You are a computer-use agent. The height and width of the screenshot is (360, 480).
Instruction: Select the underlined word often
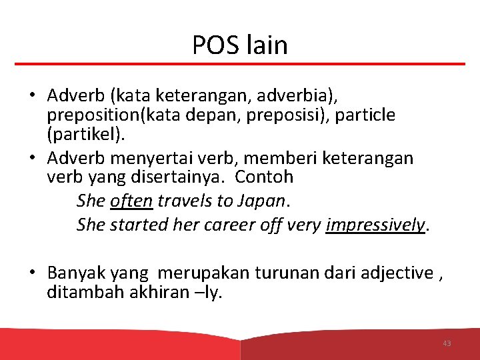click(x=131, y=201)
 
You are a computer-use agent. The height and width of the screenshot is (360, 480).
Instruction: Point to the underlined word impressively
click(x=375, y=225)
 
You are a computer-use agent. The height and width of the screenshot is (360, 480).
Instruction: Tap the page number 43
click(x=447, y=343)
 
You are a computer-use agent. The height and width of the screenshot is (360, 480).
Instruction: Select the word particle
click(x=365, y=115)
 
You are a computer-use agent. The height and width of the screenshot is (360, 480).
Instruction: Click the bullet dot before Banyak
click(x=32, y=272)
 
